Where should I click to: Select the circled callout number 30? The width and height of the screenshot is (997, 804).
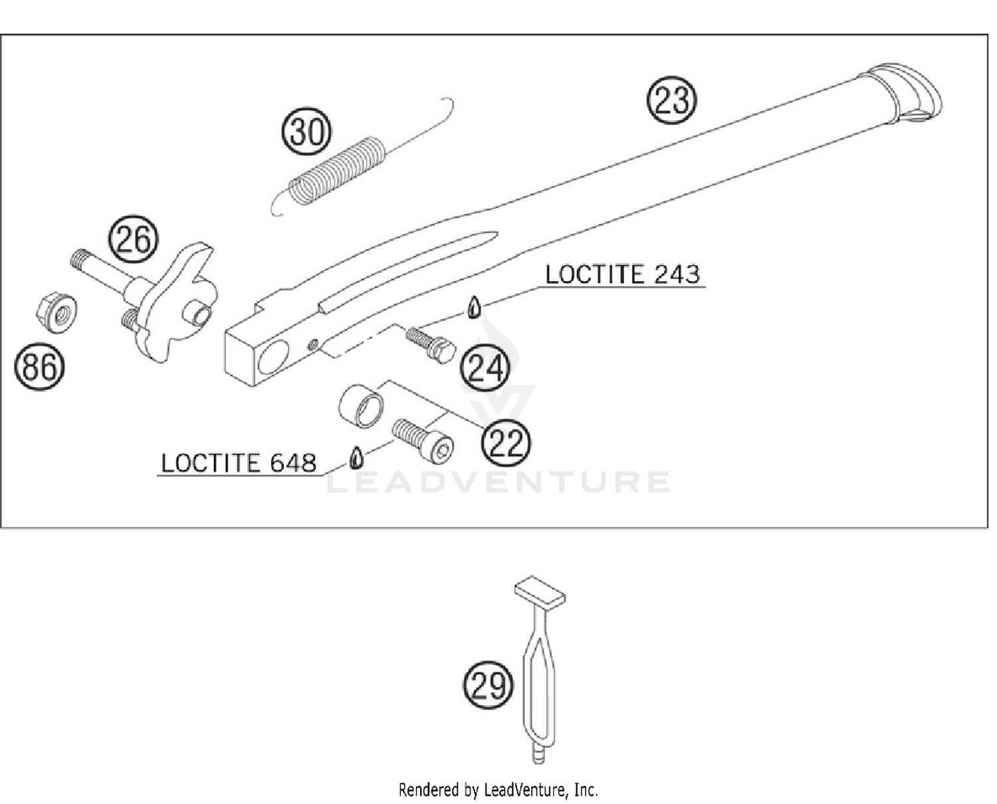[x=306, y=132]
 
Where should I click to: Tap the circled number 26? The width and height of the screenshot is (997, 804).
[x=134, y=239]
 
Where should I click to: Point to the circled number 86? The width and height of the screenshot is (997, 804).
[x=39, y=367]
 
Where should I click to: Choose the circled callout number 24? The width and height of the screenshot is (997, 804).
[x=485, y=368]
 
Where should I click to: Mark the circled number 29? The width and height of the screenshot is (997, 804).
[x=489, y=685]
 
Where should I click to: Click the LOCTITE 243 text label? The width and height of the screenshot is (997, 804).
[x=623, y=274]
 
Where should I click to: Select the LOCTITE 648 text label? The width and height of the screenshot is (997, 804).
[x=239, y=462]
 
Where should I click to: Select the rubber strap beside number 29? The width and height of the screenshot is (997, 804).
[x=540, y=671]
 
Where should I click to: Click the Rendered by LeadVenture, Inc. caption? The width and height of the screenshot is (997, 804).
[x=498, y=790]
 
